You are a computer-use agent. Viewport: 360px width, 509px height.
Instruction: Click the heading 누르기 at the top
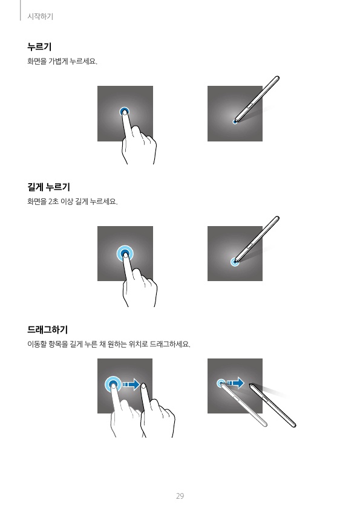coord(39,47)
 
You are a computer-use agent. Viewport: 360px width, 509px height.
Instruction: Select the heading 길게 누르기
coord(49,187)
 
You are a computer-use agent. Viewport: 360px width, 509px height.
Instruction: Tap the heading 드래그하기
coord(47,329)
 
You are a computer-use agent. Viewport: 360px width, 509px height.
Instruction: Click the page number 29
coord(180,496)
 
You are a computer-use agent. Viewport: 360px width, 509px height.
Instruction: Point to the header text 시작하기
coord(41,16)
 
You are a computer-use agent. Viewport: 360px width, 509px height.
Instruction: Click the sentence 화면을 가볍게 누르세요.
coord(62,61)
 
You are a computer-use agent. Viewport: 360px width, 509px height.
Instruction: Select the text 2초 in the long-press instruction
coord(53,201)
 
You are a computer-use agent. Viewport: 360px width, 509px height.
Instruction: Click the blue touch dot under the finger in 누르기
coord(124,112)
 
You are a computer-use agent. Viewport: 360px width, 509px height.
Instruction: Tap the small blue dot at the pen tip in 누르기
coord(235,122)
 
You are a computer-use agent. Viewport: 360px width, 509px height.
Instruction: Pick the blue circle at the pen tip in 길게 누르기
coord(235,262)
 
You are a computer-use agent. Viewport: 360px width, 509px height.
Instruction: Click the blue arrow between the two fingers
coord(131,385)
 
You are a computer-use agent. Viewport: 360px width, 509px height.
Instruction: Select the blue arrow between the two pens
coord(235,383)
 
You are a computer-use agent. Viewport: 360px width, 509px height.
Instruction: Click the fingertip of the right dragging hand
coord(143,386)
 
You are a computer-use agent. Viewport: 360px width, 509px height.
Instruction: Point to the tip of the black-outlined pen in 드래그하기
coord(250,384)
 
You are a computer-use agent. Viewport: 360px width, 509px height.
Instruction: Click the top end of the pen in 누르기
coord(277,77)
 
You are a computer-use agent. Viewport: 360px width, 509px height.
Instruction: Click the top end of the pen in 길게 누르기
coord(277,218)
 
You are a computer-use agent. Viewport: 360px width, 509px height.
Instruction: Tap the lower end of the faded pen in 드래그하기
coord(265,424)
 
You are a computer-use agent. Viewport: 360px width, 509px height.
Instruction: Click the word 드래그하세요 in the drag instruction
coord(170,344)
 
